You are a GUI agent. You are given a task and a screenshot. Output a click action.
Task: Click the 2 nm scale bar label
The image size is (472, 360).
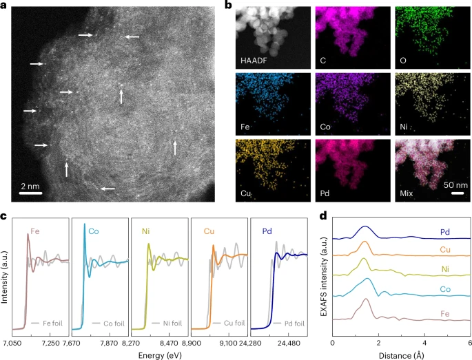pyautogui.click(x=28, y=185)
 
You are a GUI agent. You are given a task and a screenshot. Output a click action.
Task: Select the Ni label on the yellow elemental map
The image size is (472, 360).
pyautogui.click(x=403, y=123)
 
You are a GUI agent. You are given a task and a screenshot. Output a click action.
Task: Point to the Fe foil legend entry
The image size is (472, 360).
pyautogui.click(x=48, y=322)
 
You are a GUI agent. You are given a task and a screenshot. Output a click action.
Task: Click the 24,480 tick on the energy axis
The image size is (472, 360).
pyautogui.click(x=289, y=342)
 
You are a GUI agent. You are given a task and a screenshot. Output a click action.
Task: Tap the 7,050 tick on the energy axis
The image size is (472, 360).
pyautogui.click(x=14, y=342)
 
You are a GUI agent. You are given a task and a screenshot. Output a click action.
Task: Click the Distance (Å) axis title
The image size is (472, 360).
pyautogui.click(x=402, y=354)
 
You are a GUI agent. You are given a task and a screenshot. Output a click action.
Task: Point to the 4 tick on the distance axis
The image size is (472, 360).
pyautogui.click(x=424, y=342)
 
